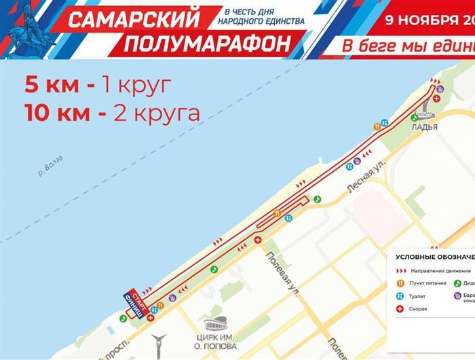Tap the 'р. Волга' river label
pyautogui.click(x=51, y=167)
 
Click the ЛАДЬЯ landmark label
pyautogui.click(x=424, y=127)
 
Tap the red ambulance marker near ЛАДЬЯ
pyautogui.click(x=438, y=98)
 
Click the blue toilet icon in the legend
pyautogui.click(x=400, y=296)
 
